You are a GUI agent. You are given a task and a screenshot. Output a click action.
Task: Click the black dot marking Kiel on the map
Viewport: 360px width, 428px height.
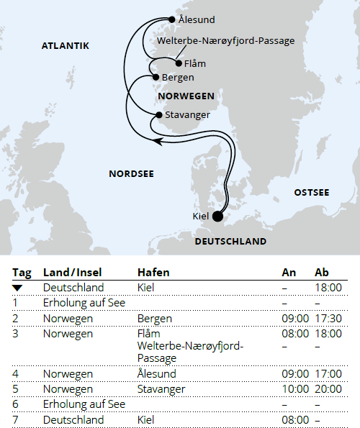(217, 215)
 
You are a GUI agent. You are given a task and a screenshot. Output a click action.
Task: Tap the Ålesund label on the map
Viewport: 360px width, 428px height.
(196, 20)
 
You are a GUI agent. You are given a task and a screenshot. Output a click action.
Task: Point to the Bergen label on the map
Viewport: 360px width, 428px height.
(178, 77)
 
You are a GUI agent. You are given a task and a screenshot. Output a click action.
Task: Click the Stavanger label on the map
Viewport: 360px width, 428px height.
(187, 114)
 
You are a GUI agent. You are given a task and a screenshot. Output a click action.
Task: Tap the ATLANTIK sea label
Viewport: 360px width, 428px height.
(66, 46)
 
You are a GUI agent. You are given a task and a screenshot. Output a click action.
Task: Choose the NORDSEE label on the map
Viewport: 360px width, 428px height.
(131, 173)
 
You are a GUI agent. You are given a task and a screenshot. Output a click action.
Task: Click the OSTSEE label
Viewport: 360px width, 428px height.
(311, 193)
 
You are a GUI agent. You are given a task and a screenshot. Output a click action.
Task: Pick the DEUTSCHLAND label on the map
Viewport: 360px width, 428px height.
(230, 241)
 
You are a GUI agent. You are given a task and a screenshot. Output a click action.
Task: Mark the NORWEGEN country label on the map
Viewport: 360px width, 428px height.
(184, 95)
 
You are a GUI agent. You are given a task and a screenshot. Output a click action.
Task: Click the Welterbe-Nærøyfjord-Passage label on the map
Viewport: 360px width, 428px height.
(225, 41)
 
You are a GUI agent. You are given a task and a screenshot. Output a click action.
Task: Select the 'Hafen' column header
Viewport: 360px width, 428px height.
(153, 273)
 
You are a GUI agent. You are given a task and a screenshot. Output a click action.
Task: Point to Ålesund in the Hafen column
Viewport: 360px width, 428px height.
(156, 374)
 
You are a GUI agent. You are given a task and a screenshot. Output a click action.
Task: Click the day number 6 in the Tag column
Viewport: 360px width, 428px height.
(15, 404)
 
